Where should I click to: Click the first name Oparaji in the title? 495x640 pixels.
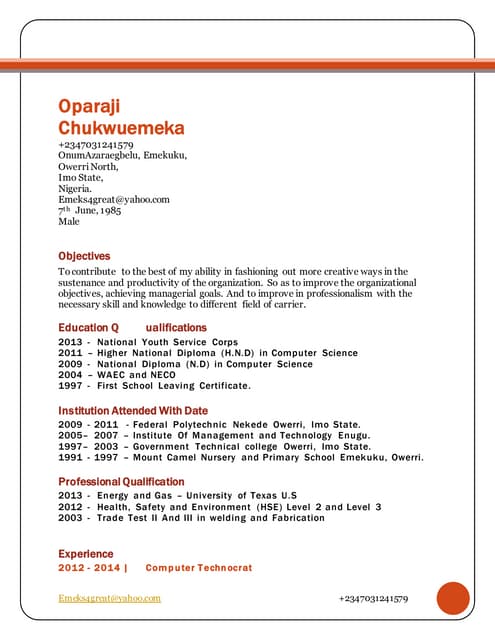click(96, 108)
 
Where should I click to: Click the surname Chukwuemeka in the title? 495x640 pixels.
click(121, 129)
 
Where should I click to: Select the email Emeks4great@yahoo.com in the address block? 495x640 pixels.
click(113, 199)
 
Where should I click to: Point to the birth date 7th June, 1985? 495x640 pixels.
click(89, 210)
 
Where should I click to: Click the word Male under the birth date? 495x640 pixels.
click(69, 221)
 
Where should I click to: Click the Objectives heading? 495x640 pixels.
click(84, 256)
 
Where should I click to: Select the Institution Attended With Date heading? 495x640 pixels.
click(133, 411)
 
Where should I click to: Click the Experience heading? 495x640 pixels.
click(86, 553)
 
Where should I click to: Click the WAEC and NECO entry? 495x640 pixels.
click(117, 375)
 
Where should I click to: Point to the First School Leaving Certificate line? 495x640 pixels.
click(154, 386)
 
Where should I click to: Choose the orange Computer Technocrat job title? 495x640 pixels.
click(199, 568)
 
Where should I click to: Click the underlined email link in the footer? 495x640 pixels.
click(109, 598)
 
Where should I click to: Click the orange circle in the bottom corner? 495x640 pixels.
click(453, 598)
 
